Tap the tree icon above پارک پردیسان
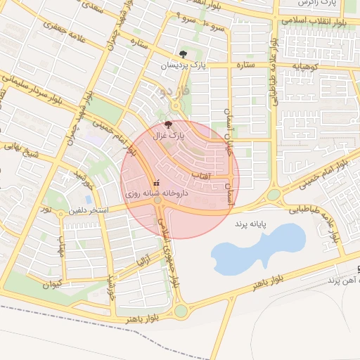(x=183, y=54)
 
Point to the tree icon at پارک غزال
(x=167, y=123)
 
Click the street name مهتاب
(x=62, y=248)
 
